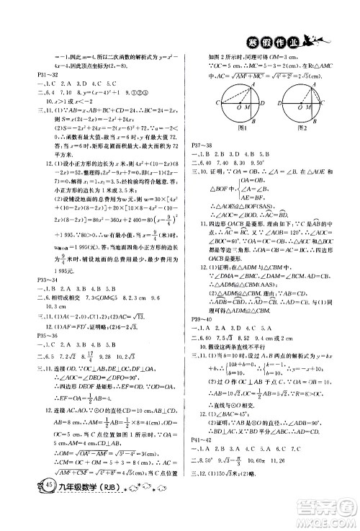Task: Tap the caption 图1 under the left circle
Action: [242, 128]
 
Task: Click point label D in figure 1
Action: [268, 103]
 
